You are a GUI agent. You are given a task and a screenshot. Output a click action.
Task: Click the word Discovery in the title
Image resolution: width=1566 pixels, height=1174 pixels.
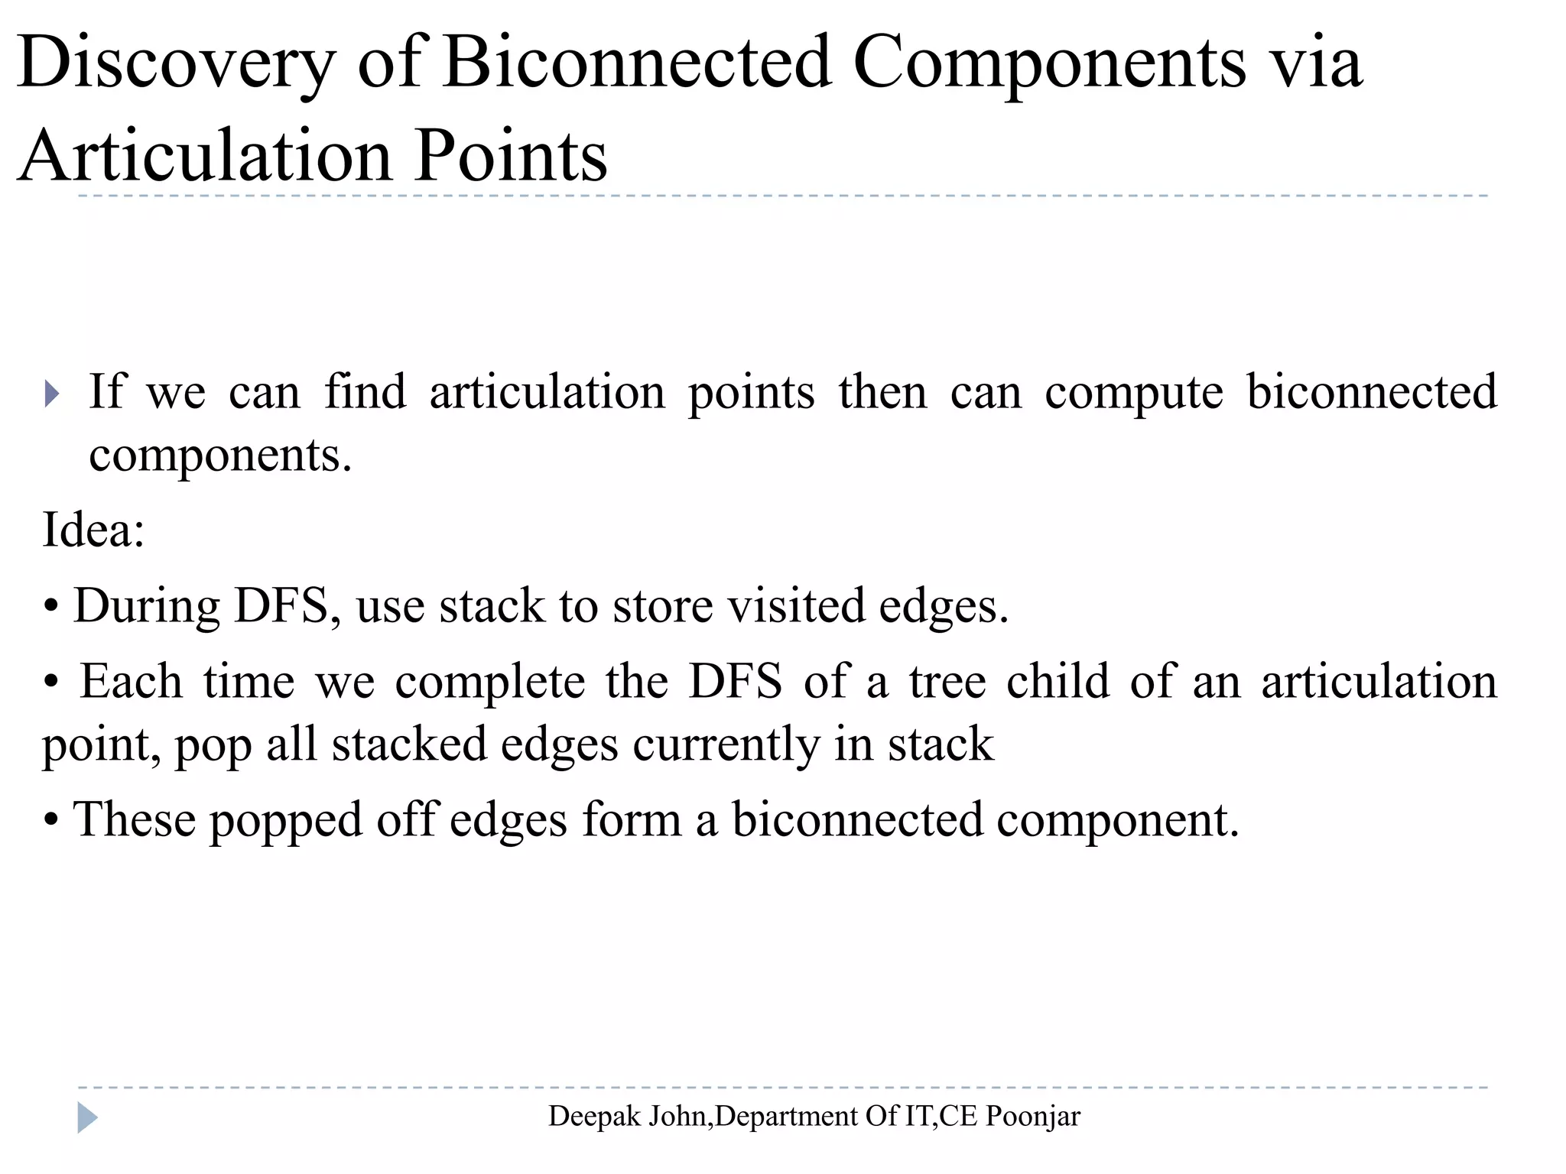tap(176, 63)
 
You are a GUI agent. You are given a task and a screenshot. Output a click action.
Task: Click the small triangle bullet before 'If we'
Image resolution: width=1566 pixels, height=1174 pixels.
tap(51, 394)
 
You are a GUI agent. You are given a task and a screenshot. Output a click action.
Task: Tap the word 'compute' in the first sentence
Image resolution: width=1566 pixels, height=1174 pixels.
tap(1134, 394)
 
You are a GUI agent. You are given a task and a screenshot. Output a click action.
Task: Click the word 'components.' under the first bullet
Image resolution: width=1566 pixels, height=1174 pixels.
tap(220, 456)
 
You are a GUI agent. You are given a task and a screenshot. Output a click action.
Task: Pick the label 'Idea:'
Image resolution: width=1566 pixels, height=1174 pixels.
tap(93, 529)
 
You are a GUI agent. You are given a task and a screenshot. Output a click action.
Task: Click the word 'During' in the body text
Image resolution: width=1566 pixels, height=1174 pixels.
tap(147, 606)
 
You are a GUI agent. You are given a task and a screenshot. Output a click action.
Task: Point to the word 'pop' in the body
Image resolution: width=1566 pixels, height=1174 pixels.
tap(212, 746)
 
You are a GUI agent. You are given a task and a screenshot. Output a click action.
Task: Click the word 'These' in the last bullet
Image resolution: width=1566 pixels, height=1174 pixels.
tap(135, 819)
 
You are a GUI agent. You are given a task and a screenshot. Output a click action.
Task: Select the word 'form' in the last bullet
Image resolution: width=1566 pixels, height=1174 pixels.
tap(632, 819)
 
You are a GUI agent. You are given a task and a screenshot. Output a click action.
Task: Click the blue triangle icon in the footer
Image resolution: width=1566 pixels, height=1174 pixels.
tap(87, 1117)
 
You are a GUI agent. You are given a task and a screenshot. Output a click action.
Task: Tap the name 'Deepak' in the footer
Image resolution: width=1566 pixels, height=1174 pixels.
tap(594, 1117)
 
